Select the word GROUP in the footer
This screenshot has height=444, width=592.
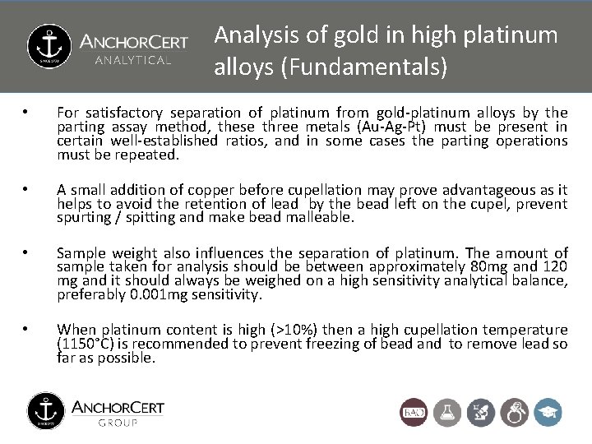[x=118, y=423]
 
